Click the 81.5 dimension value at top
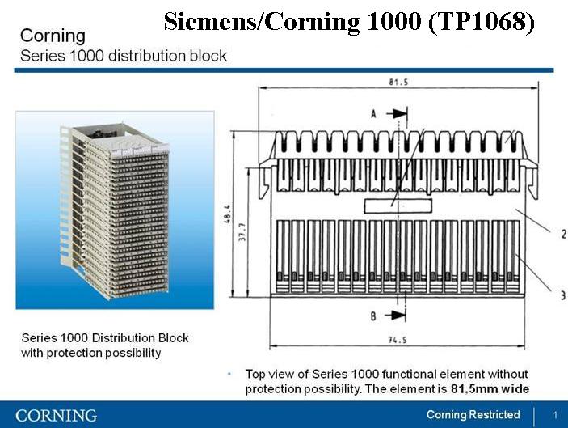point(398,82)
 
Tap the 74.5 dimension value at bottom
point(398,340)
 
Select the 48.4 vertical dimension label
point(228,214)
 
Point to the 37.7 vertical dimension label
point(242,231)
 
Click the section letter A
point(373,114)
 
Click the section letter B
point(373,316)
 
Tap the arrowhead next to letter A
point(400,113)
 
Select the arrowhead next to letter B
point(398,315)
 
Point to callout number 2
point(564,234)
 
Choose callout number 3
point(563,295)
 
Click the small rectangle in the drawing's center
point(398,206)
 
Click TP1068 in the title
point(481,21)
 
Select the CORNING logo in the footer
point(56,415)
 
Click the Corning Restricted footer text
point(473,414)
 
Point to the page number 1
point(555,415)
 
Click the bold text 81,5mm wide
point(490,389)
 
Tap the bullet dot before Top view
point(229,374)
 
